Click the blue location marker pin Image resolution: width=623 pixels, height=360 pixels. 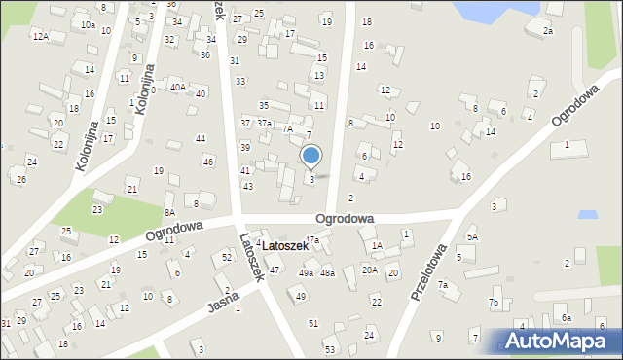point(311,156)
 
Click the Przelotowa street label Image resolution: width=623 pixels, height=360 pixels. point(429,272)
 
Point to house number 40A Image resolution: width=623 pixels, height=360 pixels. point(177,87)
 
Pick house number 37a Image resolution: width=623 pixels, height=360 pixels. point(264,124)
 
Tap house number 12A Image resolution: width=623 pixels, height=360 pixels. point(40,36)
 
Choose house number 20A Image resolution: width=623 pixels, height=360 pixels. point(370,270)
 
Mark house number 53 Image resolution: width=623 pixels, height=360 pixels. point(330,349)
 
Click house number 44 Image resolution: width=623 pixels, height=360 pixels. point(201,139)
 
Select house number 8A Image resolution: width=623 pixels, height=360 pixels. point(169,212)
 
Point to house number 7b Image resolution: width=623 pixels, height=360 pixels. point(494,303)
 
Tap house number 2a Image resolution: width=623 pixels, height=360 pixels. point(548,31)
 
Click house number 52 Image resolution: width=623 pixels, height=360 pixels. point(227,257)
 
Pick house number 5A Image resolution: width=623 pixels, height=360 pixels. point(472,236)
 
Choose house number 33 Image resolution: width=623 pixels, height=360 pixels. point(240,81)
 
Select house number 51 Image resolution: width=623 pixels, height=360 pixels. point(313,323)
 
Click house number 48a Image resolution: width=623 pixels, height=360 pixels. point(328,273)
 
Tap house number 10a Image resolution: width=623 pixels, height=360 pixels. point(89,25)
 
